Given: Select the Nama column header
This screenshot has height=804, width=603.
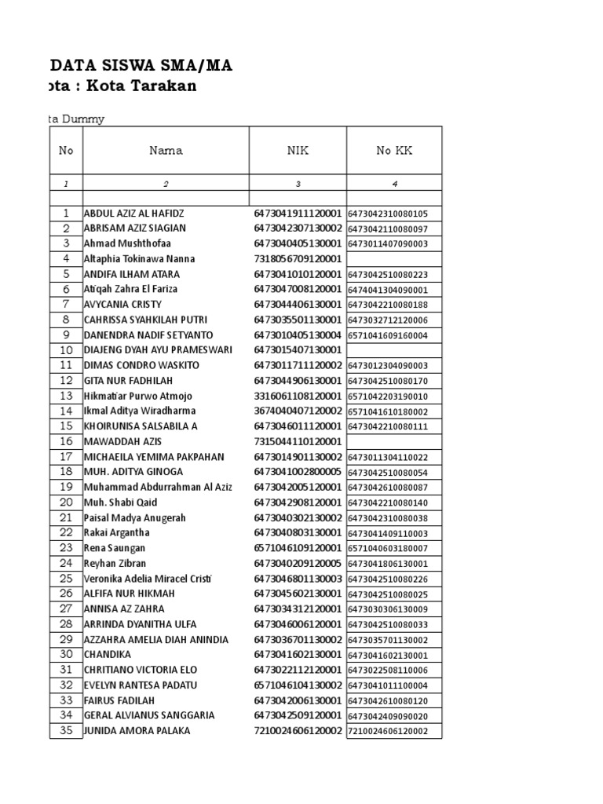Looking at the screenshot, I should click(166, 151).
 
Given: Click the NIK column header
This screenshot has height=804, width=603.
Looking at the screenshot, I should click(298, 151).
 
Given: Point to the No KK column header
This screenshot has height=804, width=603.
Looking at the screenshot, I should click(393, 151).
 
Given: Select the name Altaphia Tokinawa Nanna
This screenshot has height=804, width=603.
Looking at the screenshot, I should click(139, 259).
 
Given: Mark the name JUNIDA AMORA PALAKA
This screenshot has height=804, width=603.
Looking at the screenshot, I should click(137, 731).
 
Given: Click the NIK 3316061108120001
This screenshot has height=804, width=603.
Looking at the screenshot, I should click(298, 396).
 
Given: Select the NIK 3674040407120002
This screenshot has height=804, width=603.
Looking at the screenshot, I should click(298, 411).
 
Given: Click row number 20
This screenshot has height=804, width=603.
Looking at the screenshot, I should click(67, 502).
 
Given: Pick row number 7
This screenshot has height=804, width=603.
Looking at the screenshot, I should click(67, 305).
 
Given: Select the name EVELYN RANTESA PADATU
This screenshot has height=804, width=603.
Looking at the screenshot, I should click(141, 685).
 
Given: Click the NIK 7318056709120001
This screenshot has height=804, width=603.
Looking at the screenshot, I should click(298, 259).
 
